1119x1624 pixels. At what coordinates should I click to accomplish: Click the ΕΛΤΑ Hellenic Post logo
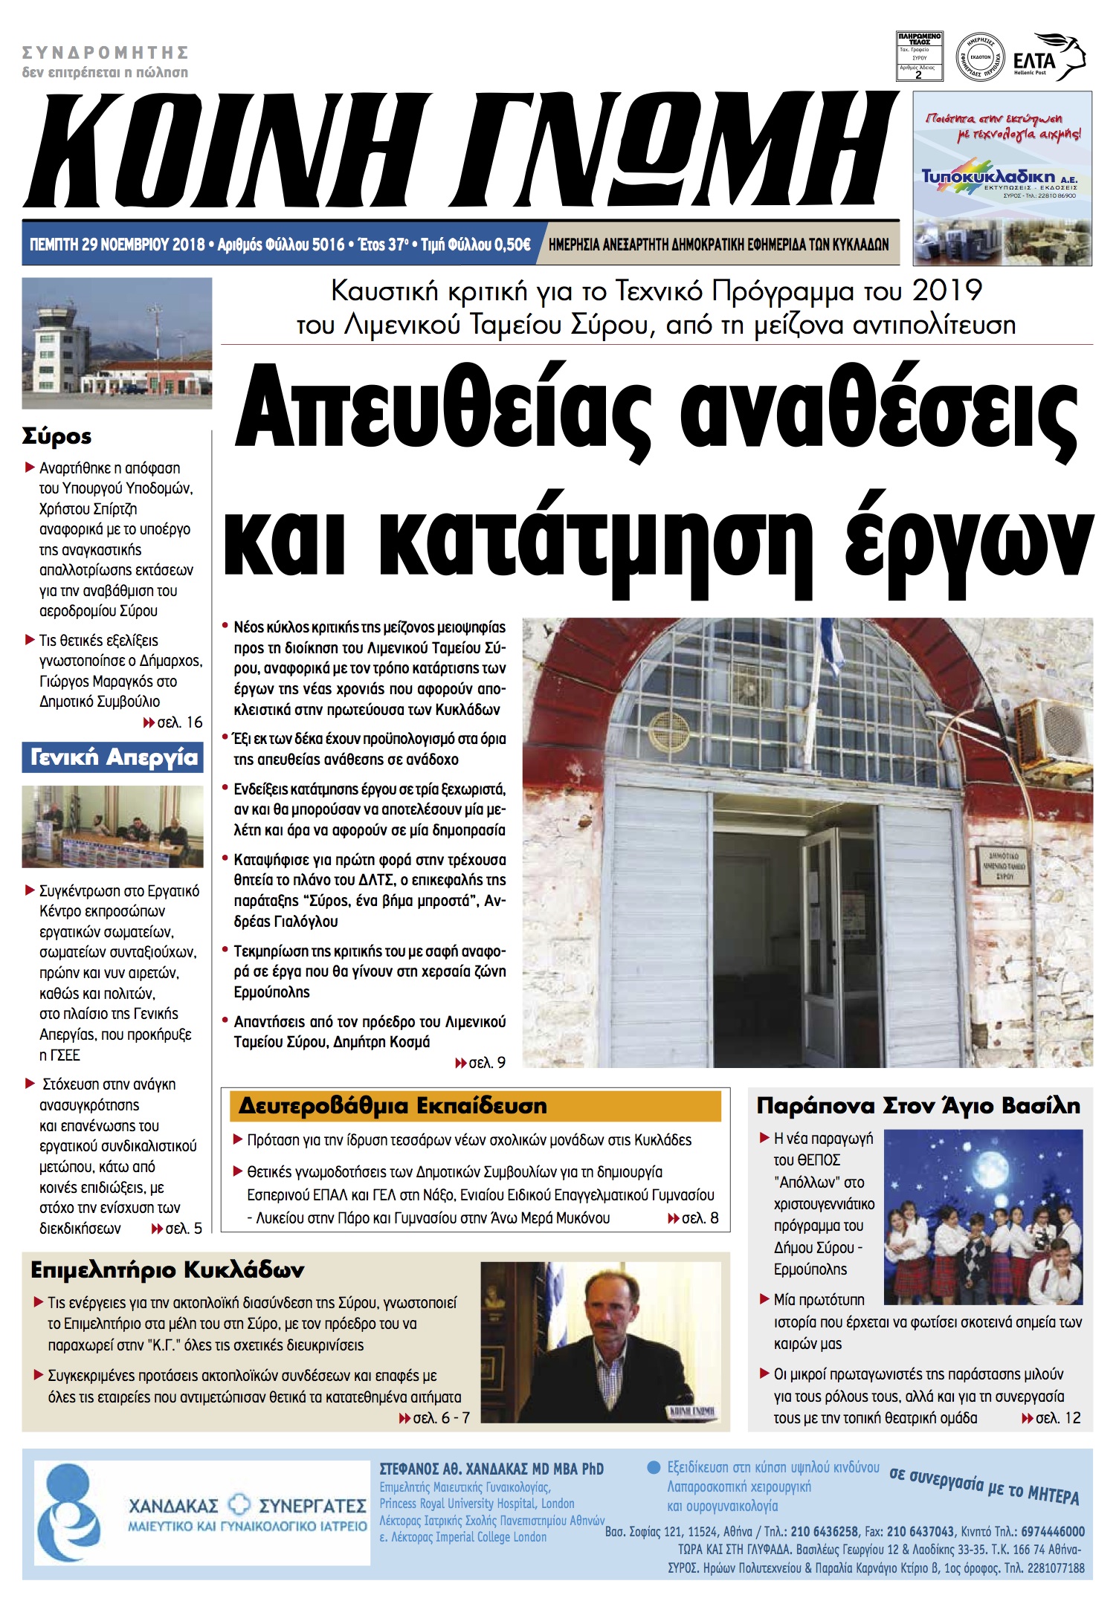point(1048,58)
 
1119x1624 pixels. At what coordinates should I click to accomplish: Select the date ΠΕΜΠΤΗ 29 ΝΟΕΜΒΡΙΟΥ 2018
point(117,245)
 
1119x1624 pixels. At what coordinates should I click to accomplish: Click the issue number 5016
point(328,245)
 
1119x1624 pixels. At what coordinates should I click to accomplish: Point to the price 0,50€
point(512,245)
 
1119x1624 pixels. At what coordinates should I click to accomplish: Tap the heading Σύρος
point(57,436)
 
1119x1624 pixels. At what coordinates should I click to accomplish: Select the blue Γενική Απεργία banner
point(113,757)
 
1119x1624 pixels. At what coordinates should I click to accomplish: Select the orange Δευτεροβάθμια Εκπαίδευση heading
point(475,1106)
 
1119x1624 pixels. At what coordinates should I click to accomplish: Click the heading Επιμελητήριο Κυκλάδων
point(167,1270)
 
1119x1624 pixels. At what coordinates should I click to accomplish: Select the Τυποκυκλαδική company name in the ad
point(987,176)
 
